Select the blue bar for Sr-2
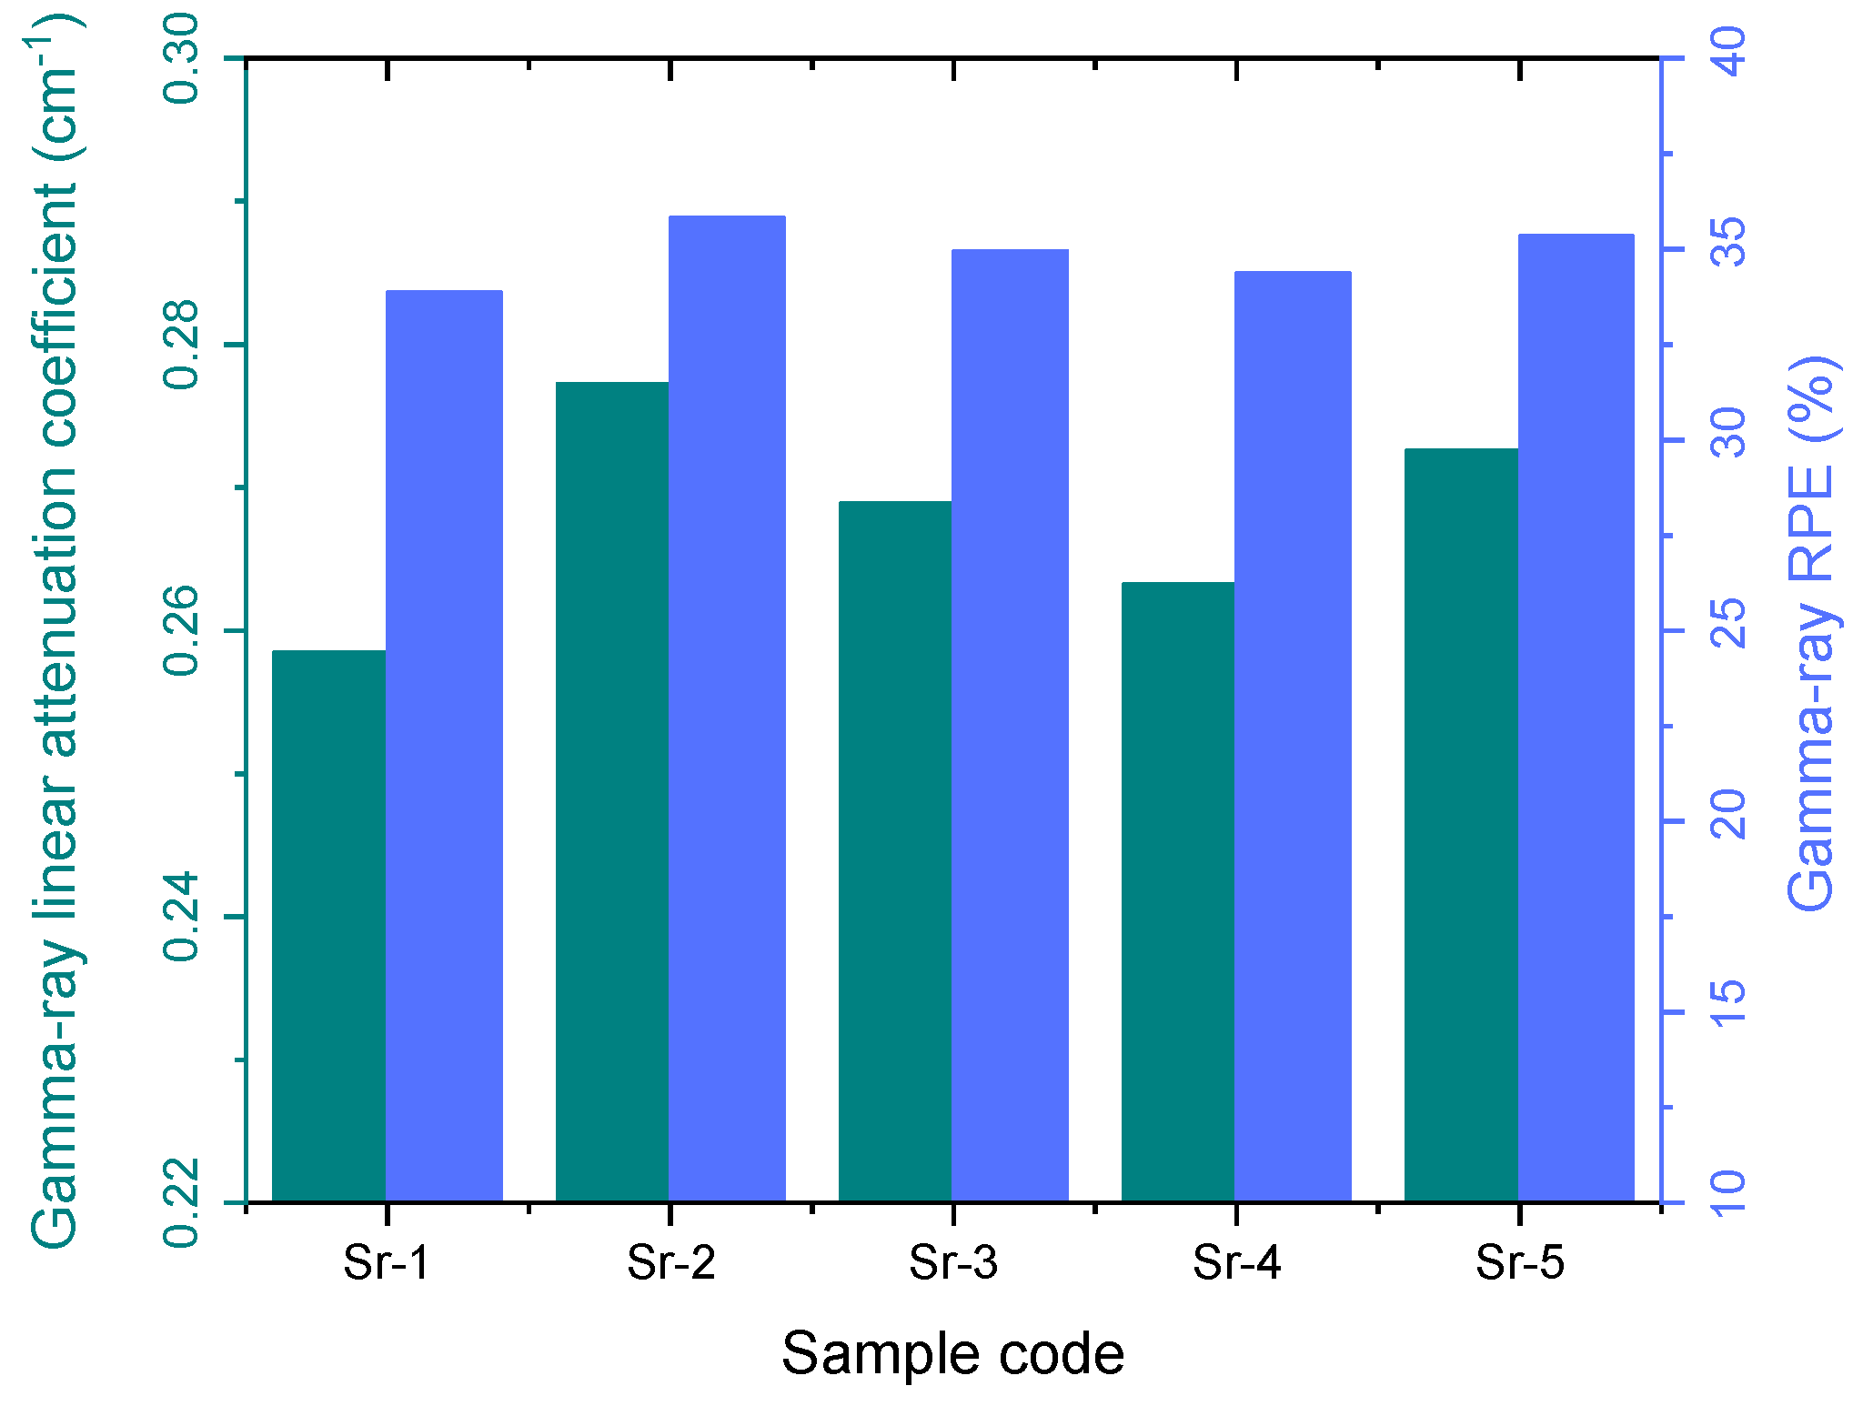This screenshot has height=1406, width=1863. point(727,708)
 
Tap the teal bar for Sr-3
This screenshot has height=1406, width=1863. point(894,851)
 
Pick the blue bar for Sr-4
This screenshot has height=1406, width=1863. point(1293,736)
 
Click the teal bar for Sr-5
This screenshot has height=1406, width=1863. point(1461,825)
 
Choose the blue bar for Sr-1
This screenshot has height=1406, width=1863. point(444,746)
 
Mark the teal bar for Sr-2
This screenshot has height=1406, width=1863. point(611,791)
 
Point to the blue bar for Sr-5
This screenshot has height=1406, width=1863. point(1576,718)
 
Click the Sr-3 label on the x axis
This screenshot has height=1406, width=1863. point(953,1262)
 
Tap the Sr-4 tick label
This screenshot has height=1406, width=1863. point(1236,1262)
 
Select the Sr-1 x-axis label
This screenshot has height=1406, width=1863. point(387,1262)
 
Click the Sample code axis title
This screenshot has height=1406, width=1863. point(952,1354)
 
